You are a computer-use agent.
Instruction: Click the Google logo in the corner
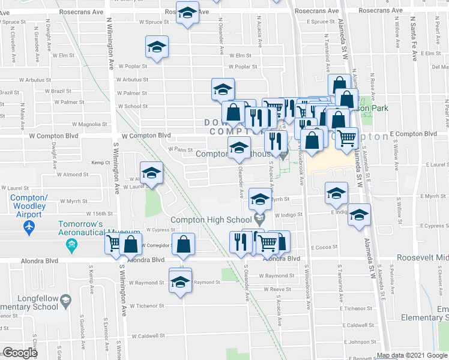[19, 353]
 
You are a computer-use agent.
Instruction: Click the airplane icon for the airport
[27, 227]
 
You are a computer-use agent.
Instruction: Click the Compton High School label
[209, 220]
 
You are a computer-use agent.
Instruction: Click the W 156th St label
[100, 214]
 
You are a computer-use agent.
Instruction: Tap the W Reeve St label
[271, 289]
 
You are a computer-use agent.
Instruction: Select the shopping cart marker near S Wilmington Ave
[113, 244]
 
